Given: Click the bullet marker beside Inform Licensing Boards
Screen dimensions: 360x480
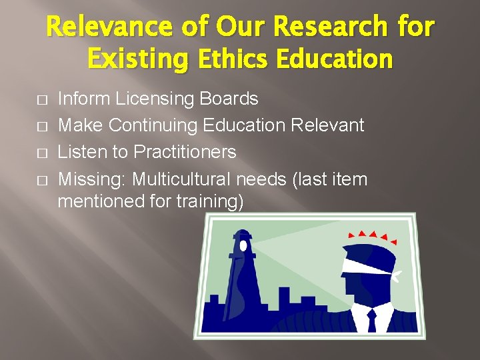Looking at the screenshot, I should tap(42, 100).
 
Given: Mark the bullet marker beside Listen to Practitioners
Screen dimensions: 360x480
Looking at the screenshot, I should tap(42, 153).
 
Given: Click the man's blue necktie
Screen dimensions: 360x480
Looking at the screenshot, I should tap(371, 320).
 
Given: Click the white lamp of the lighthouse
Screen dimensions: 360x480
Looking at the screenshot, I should tap(243, 245).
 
